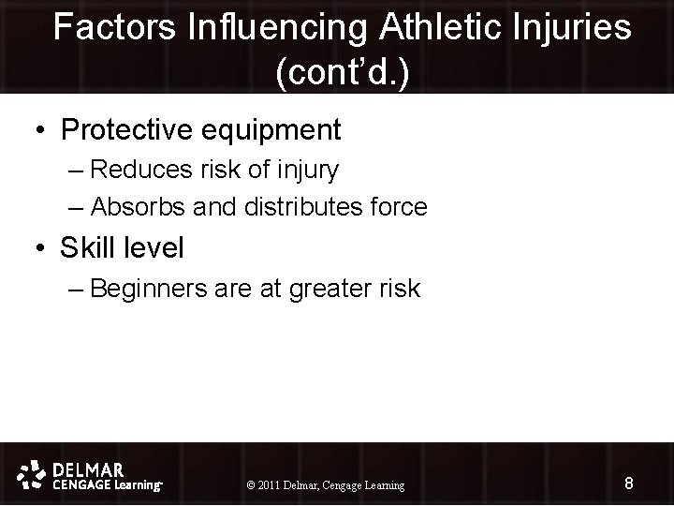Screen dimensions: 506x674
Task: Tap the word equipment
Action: coord(268,130)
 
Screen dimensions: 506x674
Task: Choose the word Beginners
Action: coord(153,289)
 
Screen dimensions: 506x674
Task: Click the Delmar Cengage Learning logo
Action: coord(90,476)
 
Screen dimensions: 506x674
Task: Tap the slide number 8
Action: coord(628,484)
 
